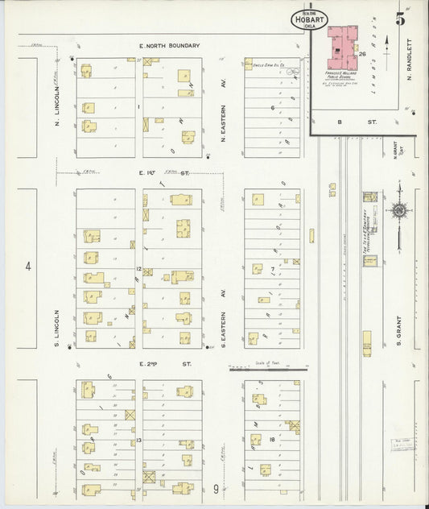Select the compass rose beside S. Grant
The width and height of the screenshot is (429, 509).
(399, 211)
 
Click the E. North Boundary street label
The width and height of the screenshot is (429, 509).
(168, 46)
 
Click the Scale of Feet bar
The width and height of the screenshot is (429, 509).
(267, 370)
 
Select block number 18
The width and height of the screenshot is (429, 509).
(273, 439)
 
